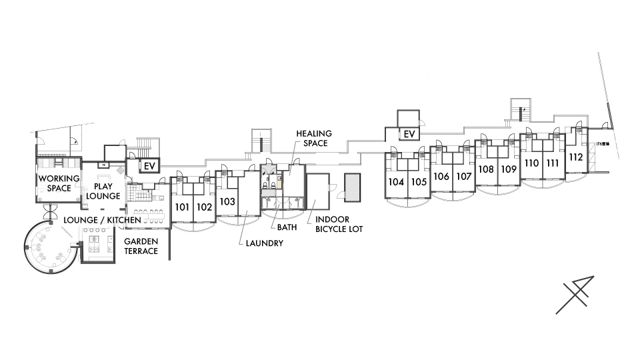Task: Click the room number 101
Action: point(182,207)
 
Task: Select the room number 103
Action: point(227,201)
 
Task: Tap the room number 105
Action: point(419,182)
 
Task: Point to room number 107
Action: point(464,177)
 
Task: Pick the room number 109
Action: point(509,169)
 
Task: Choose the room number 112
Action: point(576,157)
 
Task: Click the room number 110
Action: point(531,163)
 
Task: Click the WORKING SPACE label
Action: point(59,183)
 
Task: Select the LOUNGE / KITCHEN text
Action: point(103,219)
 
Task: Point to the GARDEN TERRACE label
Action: point(141,247)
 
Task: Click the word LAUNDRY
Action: point(265,243)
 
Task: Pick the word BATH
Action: point(287,227)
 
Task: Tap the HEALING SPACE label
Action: point(314,138)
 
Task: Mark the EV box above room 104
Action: point(409,135)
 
